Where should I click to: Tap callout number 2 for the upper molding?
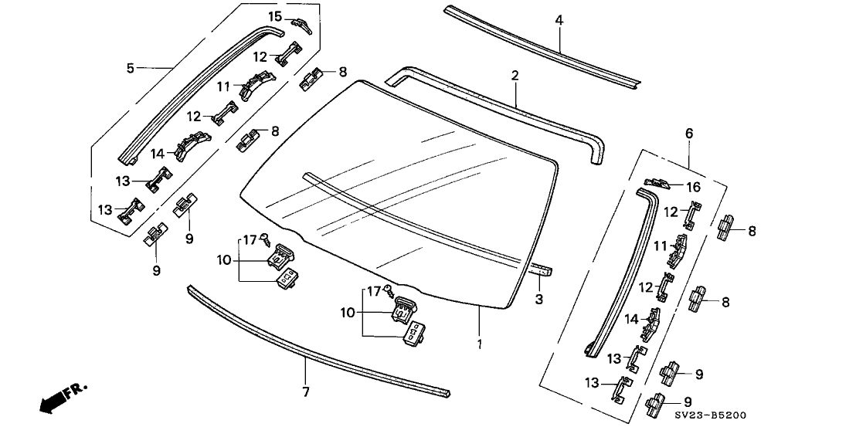515,76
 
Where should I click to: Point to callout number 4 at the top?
559,21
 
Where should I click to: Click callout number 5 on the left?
131,69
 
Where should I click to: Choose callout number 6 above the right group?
689,134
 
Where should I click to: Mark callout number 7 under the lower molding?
306,392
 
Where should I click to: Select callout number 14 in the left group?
158,153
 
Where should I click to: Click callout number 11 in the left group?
223,86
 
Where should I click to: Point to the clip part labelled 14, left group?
193,145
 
